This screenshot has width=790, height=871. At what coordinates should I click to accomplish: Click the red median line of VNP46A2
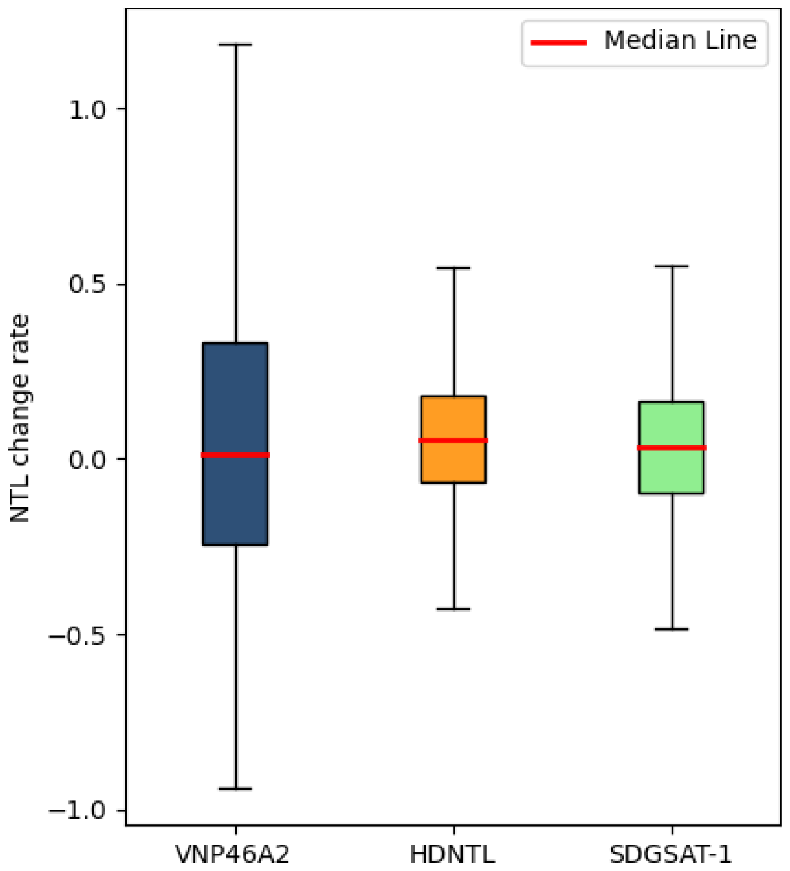(x=235, y=455)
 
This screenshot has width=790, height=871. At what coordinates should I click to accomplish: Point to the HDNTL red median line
(x=453, y=440)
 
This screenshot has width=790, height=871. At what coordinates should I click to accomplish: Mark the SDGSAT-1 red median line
(x=671, y=448)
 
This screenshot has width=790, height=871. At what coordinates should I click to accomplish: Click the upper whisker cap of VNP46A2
(x=235, y=44)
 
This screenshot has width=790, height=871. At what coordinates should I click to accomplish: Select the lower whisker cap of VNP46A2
(x=235, y=789)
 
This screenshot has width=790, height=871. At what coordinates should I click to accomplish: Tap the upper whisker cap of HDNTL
(x=453, y=268)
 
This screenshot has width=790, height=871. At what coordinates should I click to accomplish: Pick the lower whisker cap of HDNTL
(x=453, y=609)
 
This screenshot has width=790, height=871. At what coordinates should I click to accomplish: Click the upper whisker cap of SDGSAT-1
(x=671, y=267)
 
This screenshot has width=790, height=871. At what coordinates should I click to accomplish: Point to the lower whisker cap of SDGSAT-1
(x=671, y=629)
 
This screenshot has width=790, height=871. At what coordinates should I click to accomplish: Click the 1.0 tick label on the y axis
(x=87, y=109)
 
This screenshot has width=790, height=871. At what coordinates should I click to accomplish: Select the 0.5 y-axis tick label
(x=87, y=284)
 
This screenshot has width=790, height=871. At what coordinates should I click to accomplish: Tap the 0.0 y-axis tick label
(x=87, y=459)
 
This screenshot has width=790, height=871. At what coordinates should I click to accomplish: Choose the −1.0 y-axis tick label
(x=77, y=810)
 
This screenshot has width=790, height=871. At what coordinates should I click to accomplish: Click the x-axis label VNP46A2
(x=233, y=855)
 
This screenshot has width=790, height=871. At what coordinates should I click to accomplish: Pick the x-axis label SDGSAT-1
(x=671, y=855)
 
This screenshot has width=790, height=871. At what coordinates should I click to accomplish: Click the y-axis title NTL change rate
(x=21, y=418)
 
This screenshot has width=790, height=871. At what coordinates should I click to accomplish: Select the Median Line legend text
(x=680, y=41)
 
